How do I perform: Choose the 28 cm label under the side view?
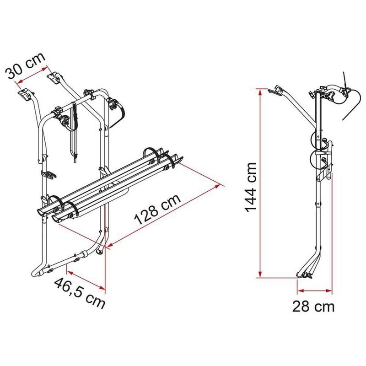[313, 306]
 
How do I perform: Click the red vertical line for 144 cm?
[260, 183]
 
